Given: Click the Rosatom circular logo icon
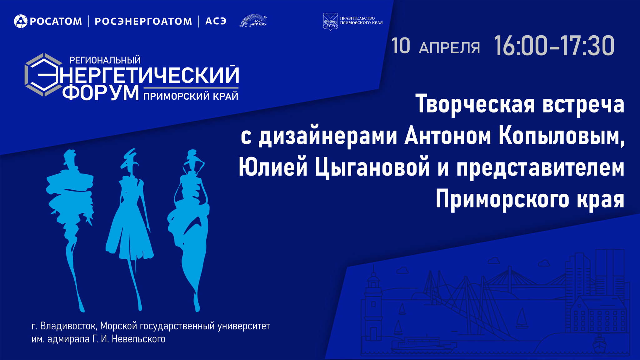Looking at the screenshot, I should coord(21,21).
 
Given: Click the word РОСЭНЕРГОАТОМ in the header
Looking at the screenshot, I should coord(143,21).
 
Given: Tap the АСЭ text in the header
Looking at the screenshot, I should coord(216,21).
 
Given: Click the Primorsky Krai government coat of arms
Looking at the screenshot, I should coord(330,22).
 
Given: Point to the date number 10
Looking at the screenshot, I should coord(401,46).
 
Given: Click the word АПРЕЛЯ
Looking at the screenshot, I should coord(449,48).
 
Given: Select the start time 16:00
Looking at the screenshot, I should coord(521,46).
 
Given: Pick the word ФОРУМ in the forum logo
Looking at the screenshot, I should coord(101,93).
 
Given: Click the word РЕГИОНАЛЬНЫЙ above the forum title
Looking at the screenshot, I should coord(105,60).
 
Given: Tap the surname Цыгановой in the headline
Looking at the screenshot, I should coord(372,168).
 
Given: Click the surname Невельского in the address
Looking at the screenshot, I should coord(138,339).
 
